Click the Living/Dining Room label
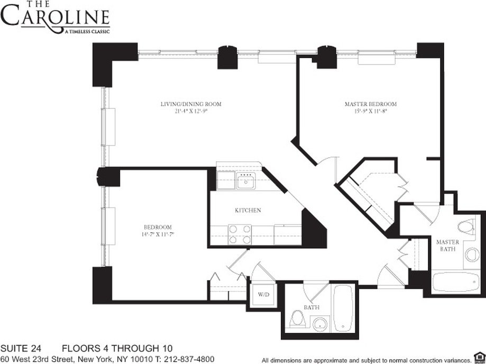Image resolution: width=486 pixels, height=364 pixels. [190, 104]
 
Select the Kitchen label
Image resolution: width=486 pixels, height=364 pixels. [248, 211]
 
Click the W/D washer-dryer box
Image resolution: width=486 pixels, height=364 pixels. [263, 294]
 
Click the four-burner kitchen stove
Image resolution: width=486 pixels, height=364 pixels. [240, 234]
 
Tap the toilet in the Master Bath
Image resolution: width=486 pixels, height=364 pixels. [465, 228]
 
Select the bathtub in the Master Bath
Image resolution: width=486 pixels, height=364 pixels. [454, 282]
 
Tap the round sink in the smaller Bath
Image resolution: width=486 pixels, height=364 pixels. [319, 323]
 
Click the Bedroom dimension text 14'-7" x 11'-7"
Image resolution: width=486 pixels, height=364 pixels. [157, 233]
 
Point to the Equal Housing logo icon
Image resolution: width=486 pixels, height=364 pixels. [479, 356]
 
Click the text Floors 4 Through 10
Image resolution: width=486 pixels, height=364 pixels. [117, 348]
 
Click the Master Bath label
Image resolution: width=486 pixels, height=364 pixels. [447, 245]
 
